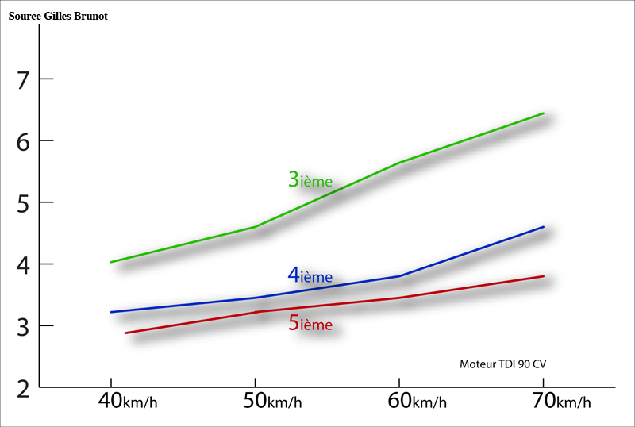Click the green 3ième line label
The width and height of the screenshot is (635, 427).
[310, 179]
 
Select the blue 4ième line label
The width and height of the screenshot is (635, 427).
[310, 275]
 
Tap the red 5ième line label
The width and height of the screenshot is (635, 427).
[310, 323]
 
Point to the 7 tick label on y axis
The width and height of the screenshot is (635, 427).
[23, 80]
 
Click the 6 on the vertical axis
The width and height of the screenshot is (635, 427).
[23, 142]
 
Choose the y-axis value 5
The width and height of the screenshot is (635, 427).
[23, 204]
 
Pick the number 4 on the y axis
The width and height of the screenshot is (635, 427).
[23, 265]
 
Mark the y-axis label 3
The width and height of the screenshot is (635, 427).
[23, 327]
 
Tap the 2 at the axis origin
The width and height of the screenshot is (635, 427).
[23, 389]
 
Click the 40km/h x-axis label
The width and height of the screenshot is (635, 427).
[128, 401]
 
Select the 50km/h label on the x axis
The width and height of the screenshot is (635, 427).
[272, 401]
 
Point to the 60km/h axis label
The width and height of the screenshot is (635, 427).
[417, 401]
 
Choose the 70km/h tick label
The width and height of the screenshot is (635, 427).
[561, 401]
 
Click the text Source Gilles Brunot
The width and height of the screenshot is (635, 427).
[58, 16]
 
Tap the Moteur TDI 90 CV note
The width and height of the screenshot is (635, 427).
[502, 364]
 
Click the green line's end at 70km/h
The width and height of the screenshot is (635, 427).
[543, 113]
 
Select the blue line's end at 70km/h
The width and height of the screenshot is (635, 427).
[543, 227]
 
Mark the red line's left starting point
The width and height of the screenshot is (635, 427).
[125, 333]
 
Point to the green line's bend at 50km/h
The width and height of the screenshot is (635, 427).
[255, 227]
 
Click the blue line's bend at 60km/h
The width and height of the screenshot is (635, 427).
[399, 276]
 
